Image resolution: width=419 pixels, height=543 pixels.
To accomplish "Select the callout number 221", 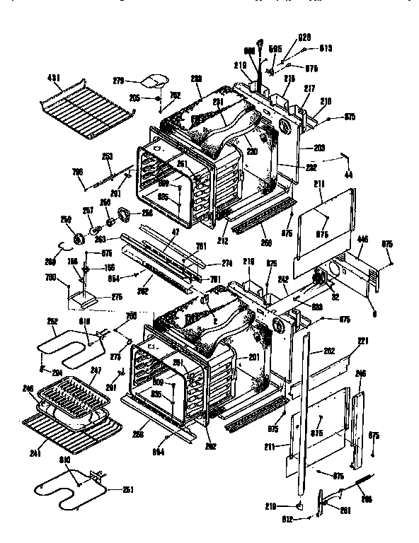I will [x=362, y=341].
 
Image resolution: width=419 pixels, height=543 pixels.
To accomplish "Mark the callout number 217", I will [x=309, y=88].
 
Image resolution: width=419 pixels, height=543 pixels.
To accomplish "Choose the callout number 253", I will [x=107, y=157].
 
